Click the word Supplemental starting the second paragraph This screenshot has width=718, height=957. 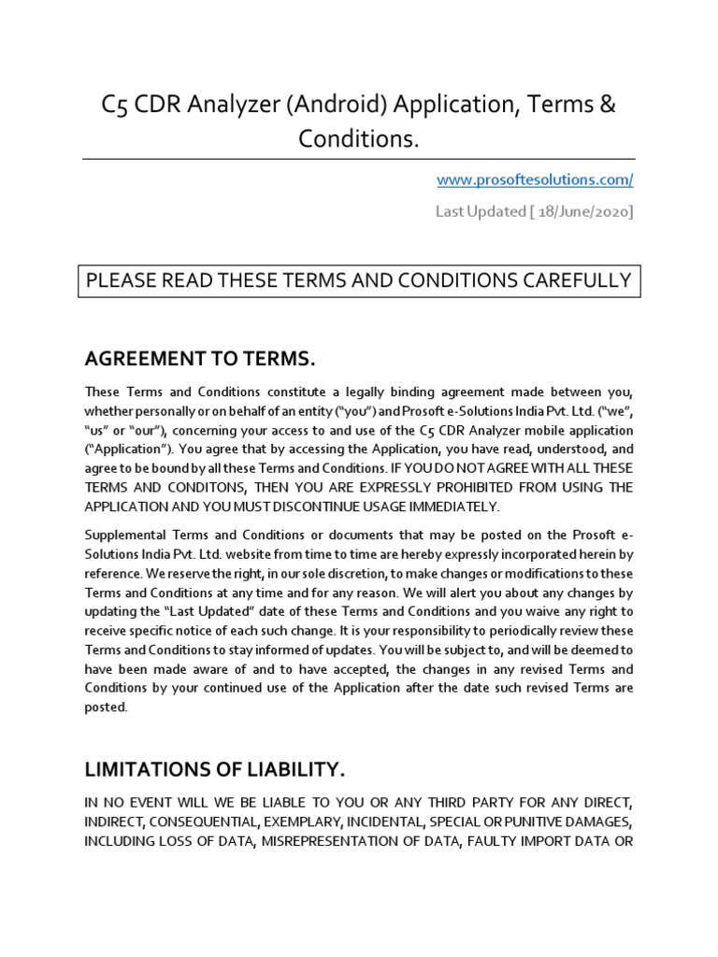point(128,534)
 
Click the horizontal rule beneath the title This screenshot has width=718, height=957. point(358,158)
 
